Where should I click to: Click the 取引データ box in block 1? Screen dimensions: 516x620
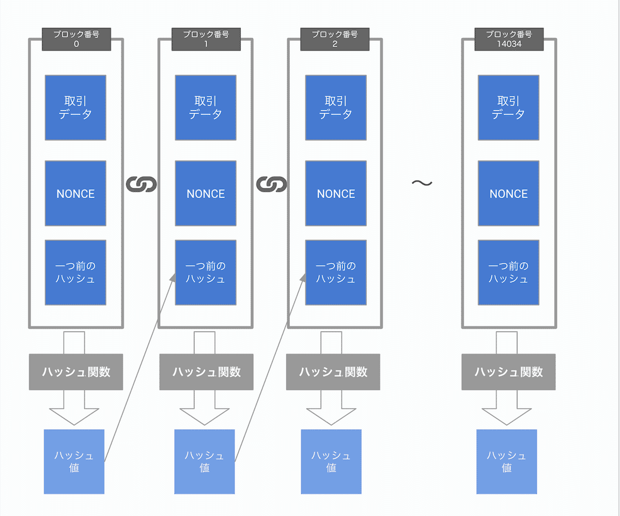pyautogui.click(x=206, y=107)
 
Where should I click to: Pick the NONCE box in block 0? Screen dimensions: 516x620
pyautogui.click(x=75, y=193)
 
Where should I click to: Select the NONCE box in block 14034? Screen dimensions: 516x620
pyautogui.click(x=508, y=193)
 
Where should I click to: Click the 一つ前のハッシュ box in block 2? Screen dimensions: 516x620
pyautogui.click(x=336, y=272)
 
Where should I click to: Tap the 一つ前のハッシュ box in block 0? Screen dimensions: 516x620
pyautogui.click(x=75, y=272)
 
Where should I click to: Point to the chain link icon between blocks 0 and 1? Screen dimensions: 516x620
pyautogui.click(x=141, y=184)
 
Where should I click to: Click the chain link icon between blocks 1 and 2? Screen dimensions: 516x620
pyautogui.click(x=271, y=184)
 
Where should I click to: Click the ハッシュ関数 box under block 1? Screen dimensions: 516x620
pyautogui.click(x=206, y=372)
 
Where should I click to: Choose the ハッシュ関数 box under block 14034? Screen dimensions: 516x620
pyautogui.click(x=508, y=372)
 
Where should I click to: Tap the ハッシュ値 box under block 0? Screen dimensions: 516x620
pyautogui.click(x=74, y=461)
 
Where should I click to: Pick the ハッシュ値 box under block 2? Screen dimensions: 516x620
pyautogui.click(x=331, y=461)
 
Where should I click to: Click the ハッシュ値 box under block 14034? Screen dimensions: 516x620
pyautogui.click(x=506, y=461)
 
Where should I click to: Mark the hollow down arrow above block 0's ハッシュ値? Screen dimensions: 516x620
pyautogui.click(x=74, y=408)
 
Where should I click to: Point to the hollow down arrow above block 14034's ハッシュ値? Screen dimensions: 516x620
pyautogui.click(x=506, y=408)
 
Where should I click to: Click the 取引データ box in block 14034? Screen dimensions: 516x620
pyautogui.click(x=508, y=107)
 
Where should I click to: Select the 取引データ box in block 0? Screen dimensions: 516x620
pyautogui.click(x=75, y=107)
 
